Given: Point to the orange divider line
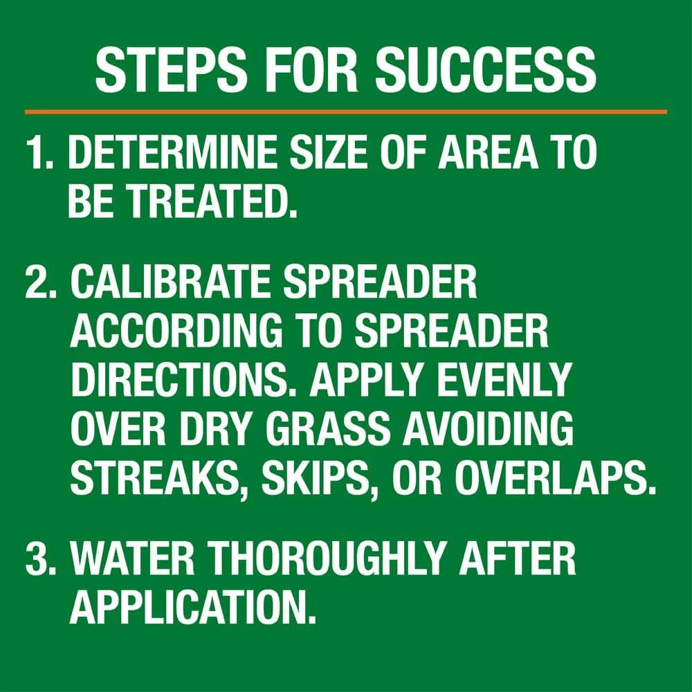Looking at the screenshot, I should [x=346, y=111].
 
